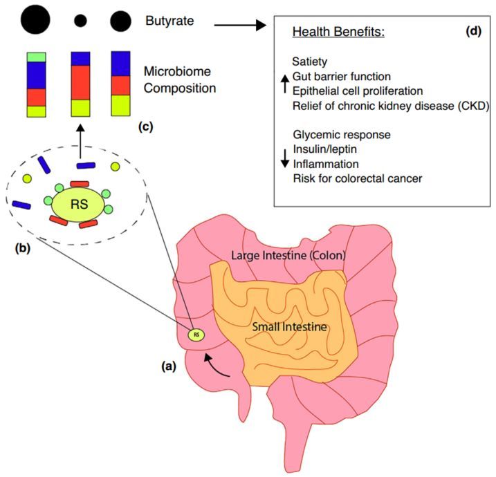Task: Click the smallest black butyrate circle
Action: (80, 21)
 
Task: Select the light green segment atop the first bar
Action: (36, 57)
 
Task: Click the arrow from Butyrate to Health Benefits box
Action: (239, 26)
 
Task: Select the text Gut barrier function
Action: (342, 75)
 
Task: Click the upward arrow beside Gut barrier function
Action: (283, 83)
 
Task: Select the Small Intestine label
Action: (291, 326)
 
